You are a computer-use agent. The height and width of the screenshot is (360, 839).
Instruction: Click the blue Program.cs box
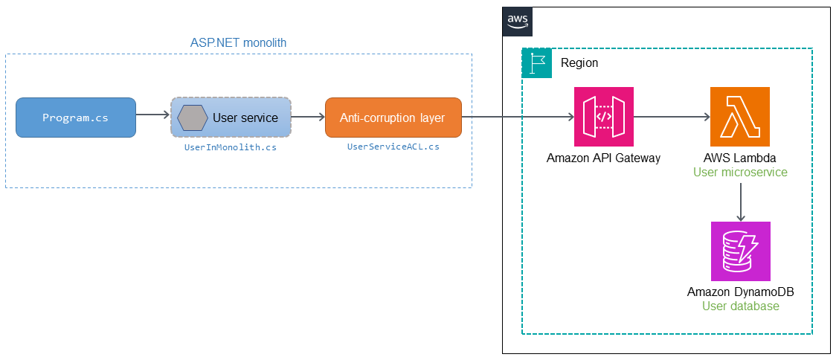(x=76, y=118)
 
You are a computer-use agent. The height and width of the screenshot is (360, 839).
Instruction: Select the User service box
(x=231, y=118)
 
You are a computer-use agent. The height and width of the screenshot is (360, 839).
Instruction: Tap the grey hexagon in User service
(x=192, y=118)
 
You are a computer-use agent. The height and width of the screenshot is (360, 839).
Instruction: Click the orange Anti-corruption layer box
(x=393, y=118)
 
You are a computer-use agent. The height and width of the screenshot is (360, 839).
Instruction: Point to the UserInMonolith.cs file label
(x=231, y=147)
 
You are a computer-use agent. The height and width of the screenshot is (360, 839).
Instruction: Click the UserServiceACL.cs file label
(x=393, y=147)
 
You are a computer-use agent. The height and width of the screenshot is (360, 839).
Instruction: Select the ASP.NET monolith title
(x=238, y=43)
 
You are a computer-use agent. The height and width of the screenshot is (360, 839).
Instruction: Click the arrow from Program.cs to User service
(x=153, y=115)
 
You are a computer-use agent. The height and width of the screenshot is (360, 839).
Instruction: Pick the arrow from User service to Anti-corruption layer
(x=308, y=116)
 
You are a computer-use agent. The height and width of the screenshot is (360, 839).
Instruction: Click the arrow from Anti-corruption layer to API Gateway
(x=518, y=117)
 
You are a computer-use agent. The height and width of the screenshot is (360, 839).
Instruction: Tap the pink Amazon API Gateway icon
(x=603, y=117)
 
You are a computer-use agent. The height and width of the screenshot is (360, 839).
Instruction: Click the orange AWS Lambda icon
(x=740, y=117)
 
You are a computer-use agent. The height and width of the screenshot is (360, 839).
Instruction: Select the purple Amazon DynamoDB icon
(x=740, y=251)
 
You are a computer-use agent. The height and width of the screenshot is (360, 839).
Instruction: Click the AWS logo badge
(x=518, y=22)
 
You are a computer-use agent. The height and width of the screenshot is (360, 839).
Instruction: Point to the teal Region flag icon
(x=537, y=62)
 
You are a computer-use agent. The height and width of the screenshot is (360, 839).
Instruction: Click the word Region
(x=579, y=63)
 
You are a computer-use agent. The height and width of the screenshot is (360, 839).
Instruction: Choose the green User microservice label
(x=740, y=173)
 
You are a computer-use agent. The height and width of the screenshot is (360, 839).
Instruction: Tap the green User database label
(x=740, y=306)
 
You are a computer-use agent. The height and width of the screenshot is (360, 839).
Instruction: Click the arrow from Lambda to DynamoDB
(x=740, y=202)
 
